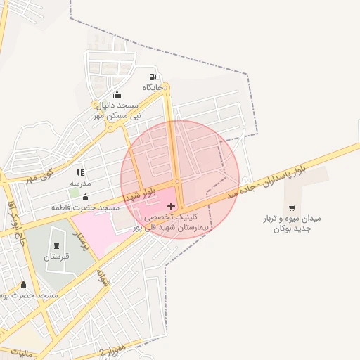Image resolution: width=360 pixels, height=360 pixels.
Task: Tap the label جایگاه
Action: [x=153, y=87]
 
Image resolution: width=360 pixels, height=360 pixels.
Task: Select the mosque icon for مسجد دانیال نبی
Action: [x=117, y=95]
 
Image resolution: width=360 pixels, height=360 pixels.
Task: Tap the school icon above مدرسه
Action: [x=80, y=172]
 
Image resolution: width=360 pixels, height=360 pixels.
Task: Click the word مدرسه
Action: [x=80, y=183]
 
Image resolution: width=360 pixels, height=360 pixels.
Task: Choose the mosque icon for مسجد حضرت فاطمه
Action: [x=86, y=198]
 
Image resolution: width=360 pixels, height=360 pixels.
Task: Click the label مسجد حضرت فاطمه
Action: [x=86, y=208]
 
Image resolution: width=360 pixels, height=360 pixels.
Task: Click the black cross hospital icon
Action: [x=172, y=206]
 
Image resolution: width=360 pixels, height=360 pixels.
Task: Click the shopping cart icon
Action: [x=292, y=208]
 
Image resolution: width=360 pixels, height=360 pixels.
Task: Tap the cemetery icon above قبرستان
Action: [x=56, y=246]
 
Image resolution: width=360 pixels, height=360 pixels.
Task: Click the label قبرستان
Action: [x=56, y=257]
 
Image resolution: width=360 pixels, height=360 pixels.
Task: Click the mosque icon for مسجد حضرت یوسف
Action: [x=24, y=285]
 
